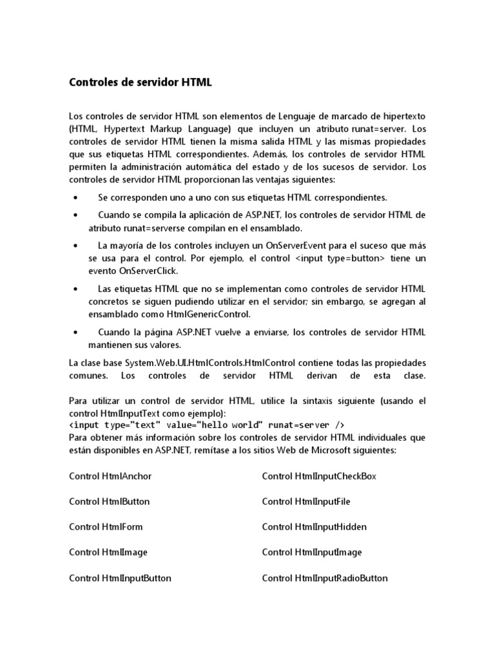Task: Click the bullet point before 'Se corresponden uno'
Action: point(76,197)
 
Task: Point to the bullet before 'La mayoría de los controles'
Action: point(76,246)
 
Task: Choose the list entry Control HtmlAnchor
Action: point(110,476)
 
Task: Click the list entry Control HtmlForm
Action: point(106,527)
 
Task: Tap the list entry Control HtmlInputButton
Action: point(120,578)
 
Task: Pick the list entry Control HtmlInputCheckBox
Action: point(319,476)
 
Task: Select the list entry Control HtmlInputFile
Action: point(306,501)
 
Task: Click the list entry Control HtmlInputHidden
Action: point(314,527)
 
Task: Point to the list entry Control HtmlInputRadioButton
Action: point(325,578)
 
